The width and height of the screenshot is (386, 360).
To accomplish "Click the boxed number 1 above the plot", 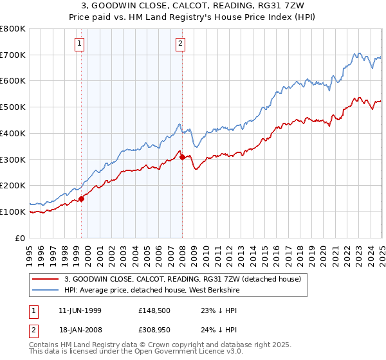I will tap(79, 44).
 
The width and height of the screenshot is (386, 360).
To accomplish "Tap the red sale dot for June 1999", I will tap(82, 199).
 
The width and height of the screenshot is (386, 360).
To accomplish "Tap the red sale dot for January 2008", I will tap(183, 157).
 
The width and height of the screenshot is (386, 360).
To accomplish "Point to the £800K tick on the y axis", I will tap(13, 29).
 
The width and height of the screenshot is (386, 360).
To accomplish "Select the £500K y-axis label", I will tap(13, 107).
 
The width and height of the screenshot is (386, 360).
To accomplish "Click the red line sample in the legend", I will tap(46, 278).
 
